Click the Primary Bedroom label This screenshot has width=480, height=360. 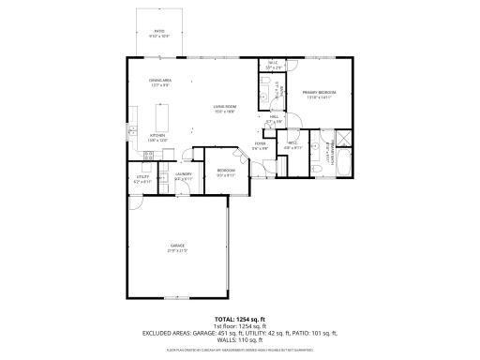pyautogui.click(x=320, y=94)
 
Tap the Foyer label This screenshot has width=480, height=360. pyautogui.click(x=261, y=146)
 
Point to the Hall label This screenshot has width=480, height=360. pyautogui.click(x=275, y=119)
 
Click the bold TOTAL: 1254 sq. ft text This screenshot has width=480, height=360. pyautogui.click(x=240, y=318)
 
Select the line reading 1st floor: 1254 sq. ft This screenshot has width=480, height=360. pyautogui.click(x=240, y=325)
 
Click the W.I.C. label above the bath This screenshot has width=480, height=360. pyautogui.click(x=273, y=66)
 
